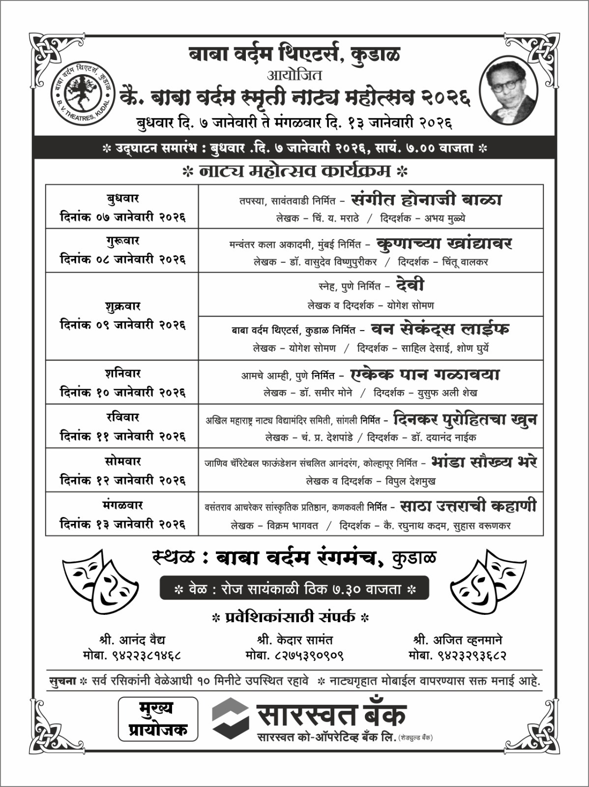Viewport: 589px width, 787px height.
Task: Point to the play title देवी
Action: pyautogui.click(x=410, y=285)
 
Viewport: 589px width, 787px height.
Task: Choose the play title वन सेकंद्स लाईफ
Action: pyautogui.click(x=440, y=329)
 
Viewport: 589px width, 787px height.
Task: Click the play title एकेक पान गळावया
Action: pyautogui.click(x=425, y=374)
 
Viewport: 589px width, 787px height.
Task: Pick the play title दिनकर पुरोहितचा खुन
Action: pyautogui.click(x=465, y=419)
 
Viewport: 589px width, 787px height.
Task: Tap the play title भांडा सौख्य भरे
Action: pyautogui.click(x=484, y=462)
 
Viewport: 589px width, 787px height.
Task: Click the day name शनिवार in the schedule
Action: pyautogui.click(x=122, y=373)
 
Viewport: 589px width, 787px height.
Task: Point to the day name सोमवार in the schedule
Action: pyautogui.click(x=122, y=461)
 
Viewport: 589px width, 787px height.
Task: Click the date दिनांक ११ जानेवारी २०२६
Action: pyautogui.click(x=122, y=436)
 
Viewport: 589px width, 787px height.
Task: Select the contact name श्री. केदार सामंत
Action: pyautogui.click(x=294, y=640)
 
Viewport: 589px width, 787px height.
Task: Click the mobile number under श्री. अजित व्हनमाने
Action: pyautogui.click(x=457, y=656)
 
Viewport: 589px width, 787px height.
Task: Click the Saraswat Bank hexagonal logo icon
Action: pyautogui.click(x=231, y=718)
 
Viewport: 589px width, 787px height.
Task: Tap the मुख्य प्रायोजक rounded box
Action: pyautogui.click(x=158, y=719)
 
